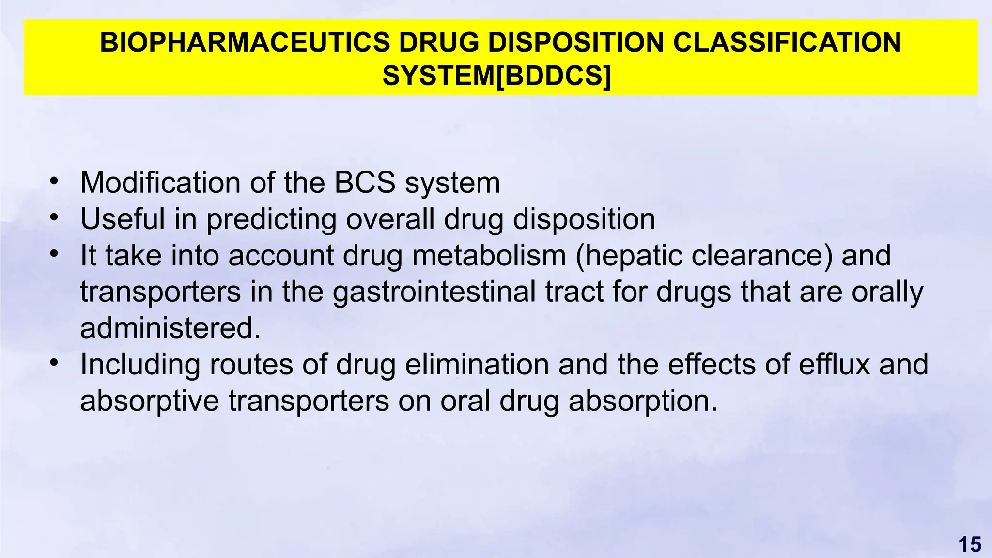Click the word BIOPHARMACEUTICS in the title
(245, 43)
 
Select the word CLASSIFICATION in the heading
(787, 43)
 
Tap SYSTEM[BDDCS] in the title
(496, 76)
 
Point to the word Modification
(160, 183)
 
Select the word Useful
(123, 219)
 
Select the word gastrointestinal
(434, 292)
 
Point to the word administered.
(170, 328)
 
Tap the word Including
(140, 365)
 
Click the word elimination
(477, 364)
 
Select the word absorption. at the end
(643, 402)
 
